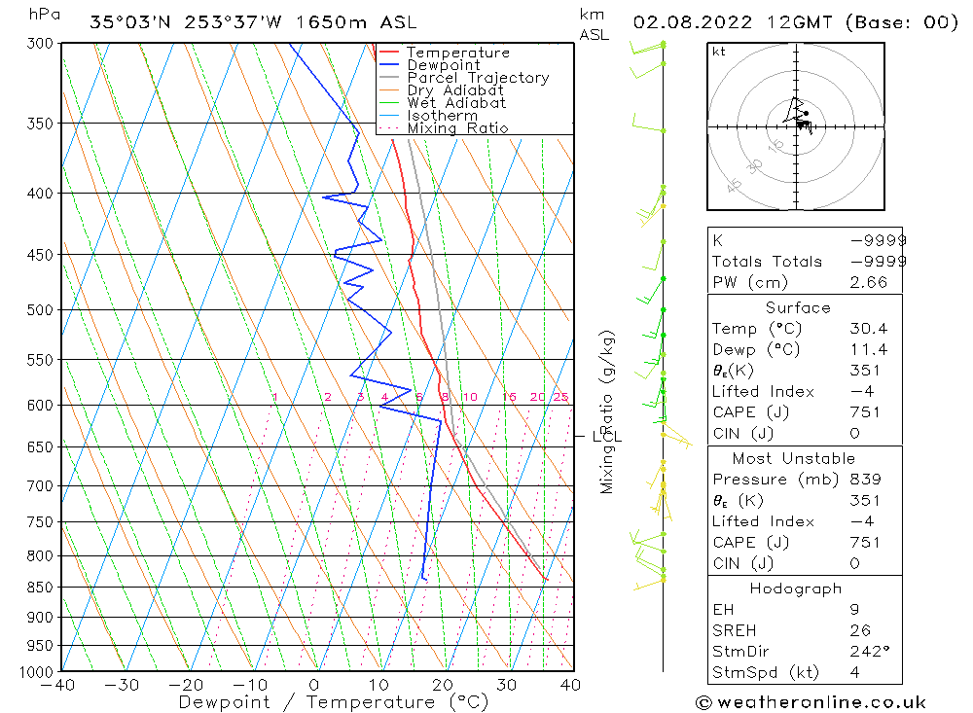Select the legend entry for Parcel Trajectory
[x=478, y=78]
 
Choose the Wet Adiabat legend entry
[x=456, y=103]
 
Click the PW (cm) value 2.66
[x=867, y=282]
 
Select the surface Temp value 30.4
[x=867, y=329]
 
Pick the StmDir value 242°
[x=867, y=651]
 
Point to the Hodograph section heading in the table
[x=796, y=588]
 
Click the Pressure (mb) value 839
[x=865, y=480]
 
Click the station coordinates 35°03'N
[x=123, y=22]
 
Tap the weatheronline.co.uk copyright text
[x=811, y=702]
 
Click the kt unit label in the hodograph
[x=718, y=52]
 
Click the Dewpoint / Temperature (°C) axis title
[x=334, y=701]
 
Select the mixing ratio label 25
[x=560, y=397]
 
